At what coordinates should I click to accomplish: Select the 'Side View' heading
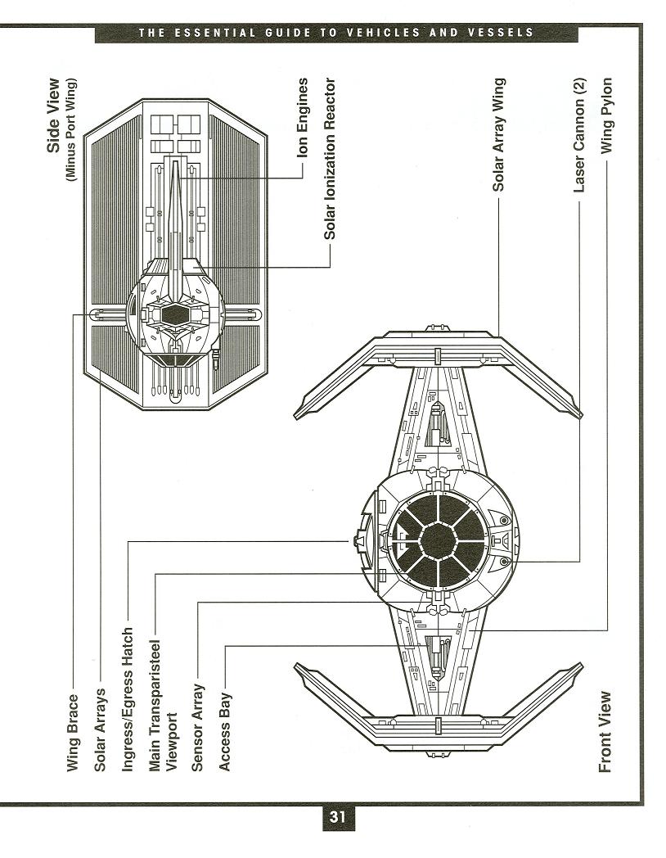[54, 115]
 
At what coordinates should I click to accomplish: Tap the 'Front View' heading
[605, 731]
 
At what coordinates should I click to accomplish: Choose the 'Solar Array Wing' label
[498, 135]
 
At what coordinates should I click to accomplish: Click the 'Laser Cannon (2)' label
[579, 146]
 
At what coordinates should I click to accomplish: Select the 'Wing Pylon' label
[605, 116]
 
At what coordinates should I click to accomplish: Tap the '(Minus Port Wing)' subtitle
[72, 129]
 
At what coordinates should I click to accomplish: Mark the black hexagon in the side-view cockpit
[175, 314]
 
